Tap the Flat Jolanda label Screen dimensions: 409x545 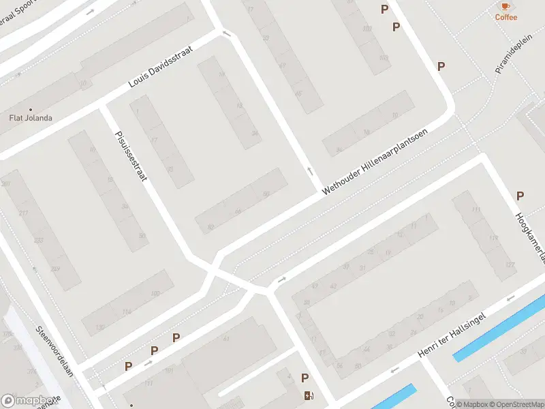tap(30, 118)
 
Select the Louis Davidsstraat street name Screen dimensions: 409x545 tap(161, 67)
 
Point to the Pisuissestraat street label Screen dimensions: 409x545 tap(131, 155)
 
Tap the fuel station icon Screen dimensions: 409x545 tap(309, 395)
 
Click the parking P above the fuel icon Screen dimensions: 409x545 tap(305, 378)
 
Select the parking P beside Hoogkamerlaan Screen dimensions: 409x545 tap(520, 196)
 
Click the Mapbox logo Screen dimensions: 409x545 tap(29, 401)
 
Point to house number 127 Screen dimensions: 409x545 tap(509, 264)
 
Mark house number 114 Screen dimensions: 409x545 tap(127, 312)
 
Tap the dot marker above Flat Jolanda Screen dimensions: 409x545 tap(30, 109)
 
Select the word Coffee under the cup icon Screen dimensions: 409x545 tap(505, 17)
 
